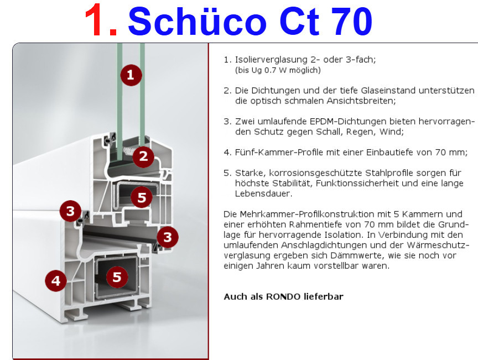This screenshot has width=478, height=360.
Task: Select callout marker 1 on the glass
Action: point(131,75)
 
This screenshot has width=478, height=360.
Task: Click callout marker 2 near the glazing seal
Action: point(143,156)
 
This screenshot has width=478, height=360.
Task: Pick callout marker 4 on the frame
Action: point(56,280)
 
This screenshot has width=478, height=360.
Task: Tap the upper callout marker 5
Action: point(142,197)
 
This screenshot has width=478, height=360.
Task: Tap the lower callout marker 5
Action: point(117,277)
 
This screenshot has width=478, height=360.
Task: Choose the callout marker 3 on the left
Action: point(70,211)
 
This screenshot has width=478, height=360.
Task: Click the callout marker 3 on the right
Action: point(168,237)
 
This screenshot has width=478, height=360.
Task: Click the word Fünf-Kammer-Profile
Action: point(279,152)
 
